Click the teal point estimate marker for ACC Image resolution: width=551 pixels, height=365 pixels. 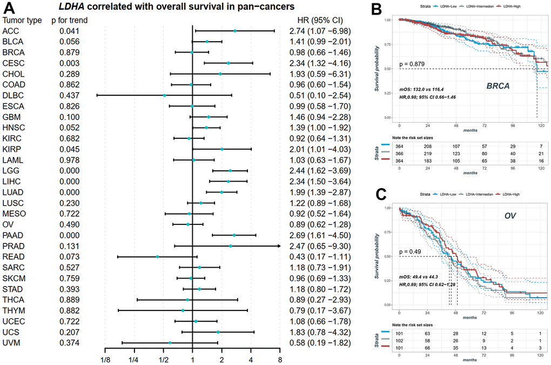point(235,31)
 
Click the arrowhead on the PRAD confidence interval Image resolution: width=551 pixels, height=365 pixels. point(278,246)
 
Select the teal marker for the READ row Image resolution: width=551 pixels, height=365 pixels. point(157,257)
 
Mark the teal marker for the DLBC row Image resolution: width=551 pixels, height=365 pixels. point(165,96)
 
